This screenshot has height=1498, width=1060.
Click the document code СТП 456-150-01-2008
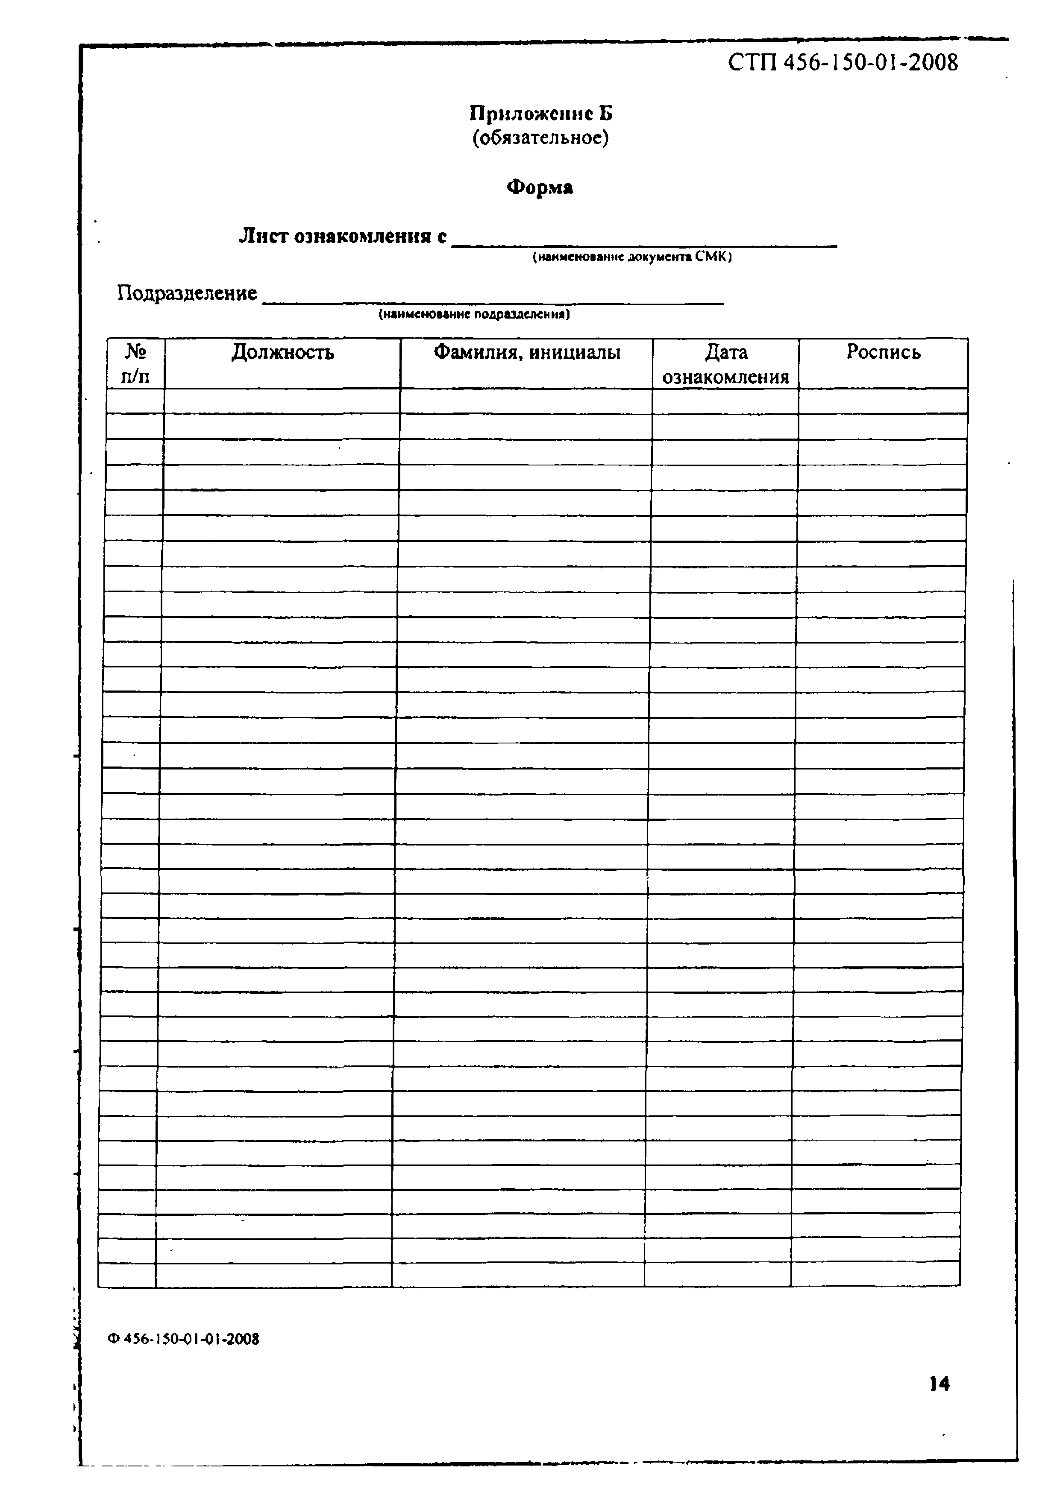842,63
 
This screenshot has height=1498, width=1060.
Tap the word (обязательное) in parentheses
540,138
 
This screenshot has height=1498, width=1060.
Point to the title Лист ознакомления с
343,236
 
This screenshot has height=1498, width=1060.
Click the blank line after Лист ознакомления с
644,240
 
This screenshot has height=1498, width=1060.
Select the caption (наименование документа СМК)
632,258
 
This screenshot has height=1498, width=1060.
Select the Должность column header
282,353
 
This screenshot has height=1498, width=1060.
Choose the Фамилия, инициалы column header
527,353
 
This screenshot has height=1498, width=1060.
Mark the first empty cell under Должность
282,401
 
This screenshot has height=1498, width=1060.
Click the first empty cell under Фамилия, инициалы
526,401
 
